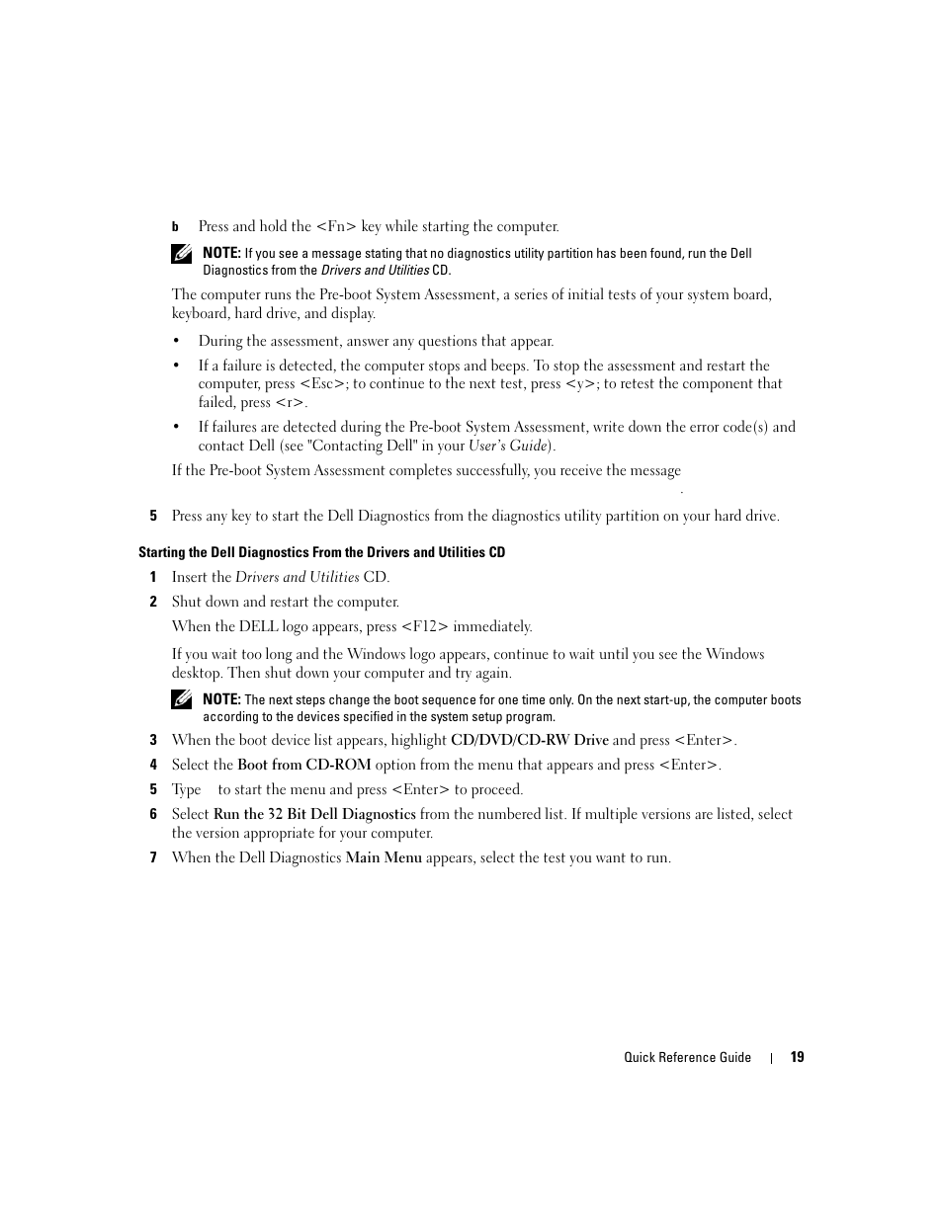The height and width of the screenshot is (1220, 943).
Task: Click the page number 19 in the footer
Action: click(797, 1057)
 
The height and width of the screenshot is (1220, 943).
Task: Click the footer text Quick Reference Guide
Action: click(687, 1057)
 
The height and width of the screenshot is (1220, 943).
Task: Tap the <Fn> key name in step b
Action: click(336, 226)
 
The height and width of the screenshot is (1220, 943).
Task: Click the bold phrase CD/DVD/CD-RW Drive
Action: click(529, 740)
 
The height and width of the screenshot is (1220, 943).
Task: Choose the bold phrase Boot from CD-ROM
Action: click(303, 765)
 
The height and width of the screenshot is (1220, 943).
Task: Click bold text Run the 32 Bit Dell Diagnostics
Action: click(314, 814)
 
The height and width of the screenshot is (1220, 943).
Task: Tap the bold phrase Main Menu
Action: click(384, 857)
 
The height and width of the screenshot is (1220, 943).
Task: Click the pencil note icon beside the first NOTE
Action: click(181, 254)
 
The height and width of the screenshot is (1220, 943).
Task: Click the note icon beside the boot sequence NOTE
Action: click(181, 699)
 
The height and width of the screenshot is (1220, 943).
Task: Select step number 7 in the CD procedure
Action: click(153, 857)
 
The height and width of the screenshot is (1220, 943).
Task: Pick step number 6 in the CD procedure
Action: click(153, 814)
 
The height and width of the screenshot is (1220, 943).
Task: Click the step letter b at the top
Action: click(175, 227)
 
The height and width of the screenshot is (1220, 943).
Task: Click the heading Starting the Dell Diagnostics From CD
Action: click(321, 552)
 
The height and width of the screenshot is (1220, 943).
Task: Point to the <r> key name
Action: click(290, 403)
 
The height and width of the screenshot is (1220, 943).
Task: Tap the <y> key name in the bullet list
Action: click(581, 384)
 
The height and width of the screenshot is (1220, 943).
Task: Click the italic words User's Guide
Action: click(509, 446)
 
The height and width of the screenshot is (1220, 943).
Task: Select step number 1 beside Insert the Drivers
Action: click(153, 577)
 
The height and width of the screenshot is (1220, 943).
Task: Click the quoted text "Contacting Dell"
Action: click(362, 446)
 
